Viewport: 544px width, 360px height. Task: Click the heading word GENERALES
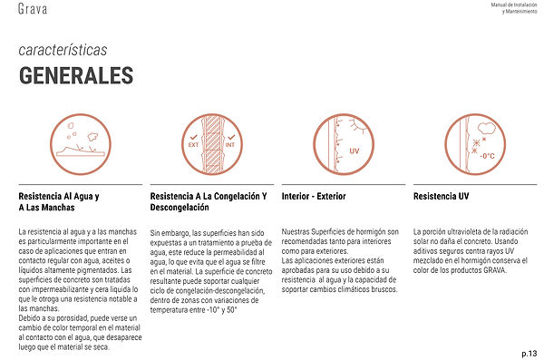coord(75,73)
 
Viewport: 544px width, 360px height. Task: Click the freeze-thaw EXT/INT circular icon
coord(204,143)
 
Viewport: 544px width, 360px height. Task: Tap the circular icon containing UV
coord(336,143)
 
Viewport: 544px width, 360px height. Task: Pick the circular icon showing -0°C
coord(468,143)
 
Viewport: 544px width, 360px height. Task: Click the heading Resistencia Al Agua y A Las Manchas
coord(59,203)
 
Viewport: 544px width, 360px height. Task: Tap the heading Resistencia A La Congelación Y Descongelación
coord(208,203)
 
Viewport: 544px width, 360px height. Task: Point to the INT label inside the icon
coord(218,143)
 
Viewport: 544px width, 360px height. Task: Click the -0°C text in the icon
coord(486,156)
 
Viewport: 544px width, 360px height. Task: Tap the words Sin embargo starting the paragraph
coord(170,232)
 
